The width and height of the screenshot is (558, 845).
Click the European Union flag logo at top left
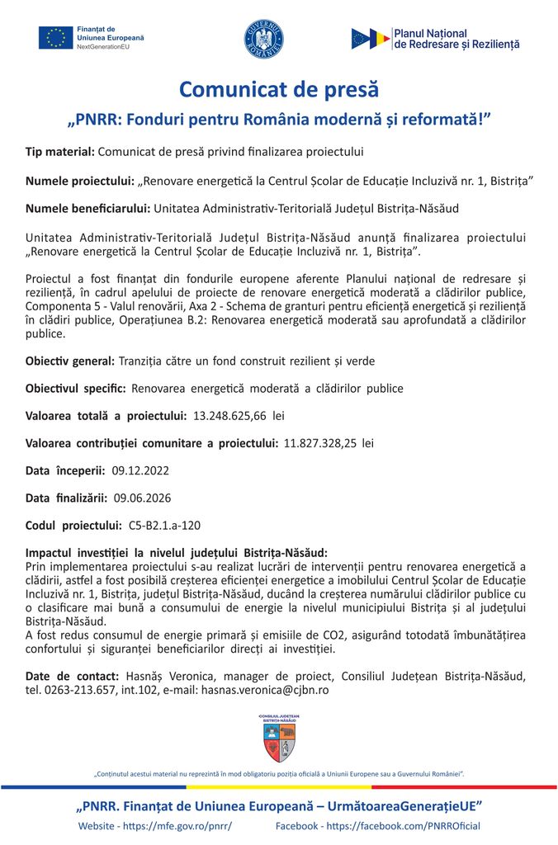point(55,38)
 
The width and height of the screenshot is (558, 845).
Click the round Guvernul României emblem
point(263,39)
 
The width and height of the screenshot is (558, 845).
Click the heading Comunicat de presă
point(278,89)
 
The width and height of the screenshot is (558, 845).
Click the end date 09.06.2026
point(142,498)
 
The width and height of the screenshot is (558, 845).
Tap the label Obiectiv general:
point(70,361)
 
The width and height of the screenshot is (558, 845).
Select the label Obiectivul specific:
point(76,388)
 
